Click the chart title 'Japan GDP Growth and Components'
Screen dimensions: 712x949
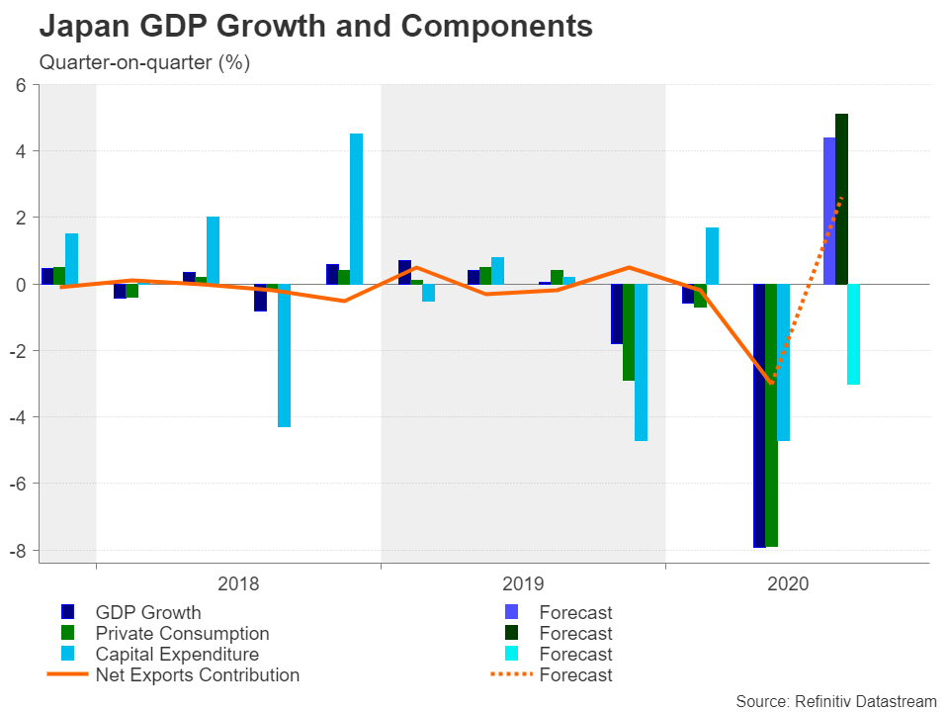(x=315, y=27)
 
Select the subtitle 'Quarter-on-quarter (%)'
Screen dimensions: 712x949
(x=144, y=63)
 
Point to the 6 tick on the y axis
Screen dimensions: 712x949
(x=21, y=85)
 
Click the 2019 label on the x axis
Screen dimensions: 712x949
(x=523, y=583)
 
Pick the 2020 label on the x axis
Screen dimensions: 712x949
(x=788, y=583)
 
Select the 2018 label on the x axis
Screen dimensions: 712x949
(x=238, y=583)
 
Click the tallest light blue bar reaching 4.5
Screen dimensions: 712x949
(x=356, y=209)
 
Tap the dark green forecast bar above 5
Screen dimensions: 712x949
(x=841, y=198)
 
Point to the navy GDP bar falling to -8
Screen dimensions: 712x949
(x=759, y=415)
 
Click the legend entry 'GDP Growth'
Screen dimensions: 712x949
(x=148, y=613)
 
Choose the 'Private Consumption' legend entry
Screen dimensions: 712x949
(x=182, y=634)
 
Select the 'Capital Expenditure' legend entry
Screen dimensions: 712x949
(x=177, y=655)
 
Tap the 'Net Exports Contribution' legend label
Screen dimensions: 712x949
(x=197, y=675)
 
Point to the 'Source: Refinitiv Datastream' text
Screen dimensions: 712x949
(x=836, y=700)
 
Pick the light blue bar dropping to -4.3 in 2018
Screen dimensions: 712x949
(x=284, y=355)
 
